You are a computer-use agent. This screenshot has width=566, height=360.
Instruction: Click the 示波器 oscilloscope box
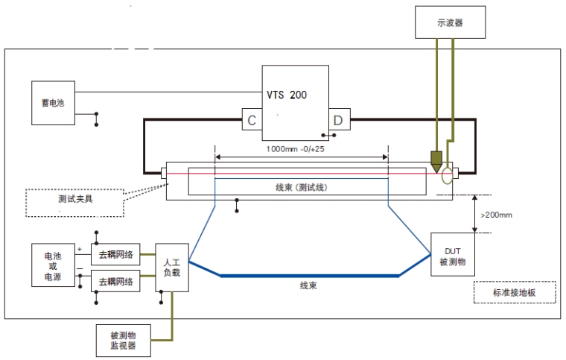[450, 22]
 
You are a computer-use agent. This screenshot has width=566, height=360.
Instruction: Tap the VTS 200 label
[287, 95]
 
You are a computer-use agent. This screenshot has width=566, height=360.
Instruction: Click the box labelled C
[251, 120]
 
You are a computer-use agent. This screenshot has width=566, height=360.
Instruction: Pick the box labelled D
[339, 120]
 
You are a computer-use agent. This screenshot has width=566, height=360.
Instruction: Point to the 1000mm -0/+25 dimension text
[300, 148]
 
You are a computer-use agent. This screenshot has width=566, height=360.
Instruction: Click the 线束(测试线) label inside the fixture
[302, 186]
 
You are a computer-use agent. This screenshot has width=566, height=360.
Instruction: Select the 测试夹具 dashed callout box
[74, 202]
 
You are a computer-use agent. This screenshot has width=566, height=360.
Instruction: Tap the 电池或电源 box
[53, 266]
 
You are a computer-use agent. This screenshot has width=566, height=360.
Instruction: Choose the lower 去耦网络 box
[115, 282]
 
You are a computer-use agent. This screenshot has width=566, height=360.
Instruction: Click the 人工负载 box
[171, 268]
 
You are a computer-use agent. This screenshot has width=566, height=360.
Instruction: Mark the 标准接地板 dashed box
[514, 293]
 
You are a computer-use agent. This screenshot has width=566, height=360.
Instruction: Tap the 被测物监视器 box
[123, 340]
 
